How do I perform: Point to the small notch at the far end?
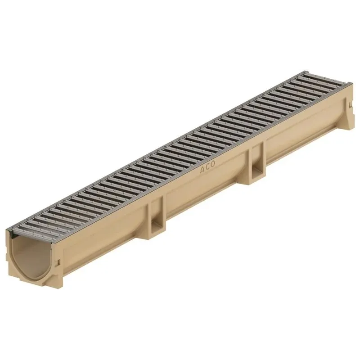tap(349, 105)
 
